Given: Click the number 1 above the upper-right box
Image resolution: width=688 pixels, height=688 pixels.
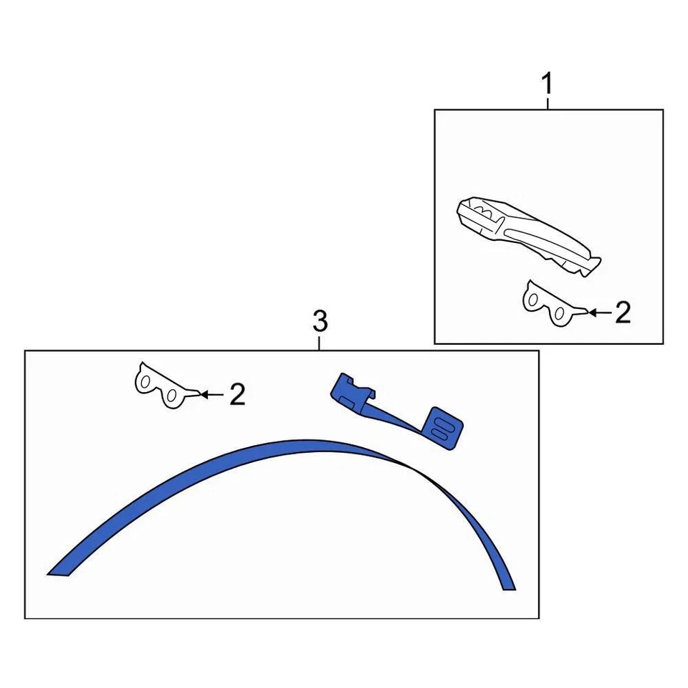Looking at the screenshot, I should [547, 85].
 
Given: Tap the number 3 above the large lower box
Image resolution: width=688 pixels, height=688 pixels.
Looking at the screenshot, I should [320, 322].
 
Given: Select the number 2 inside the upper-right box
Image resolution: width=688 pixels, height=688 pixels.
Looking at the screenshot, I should [623, 312].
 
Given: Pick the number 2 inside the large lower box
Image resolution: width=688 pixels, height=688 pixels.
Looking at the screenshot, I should [237, 394].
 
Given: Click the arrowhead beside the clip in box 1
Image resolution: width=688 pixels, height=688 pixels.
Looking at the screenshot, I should [591, 312].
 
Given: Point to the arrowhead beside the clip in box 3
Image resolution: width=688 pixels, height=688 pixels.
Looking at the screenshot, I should [204, 393].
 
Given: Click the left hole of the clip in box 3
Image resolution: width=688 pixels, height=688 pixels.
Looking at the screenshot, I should [144, 383].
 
